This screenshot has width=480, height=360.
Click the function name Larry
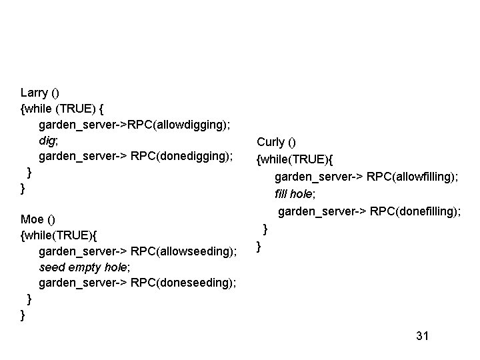click(x=35, y=93)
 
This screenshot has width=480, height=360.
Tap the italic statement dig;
click(x=49, y=141)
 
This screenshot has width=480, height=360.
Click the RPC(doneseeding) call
click(x=184, y=283)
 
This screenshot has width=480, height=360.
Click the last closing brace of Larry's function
click(x=23, y=189)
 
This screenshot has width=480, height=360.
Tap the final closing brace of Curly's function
click(x=259, y=247)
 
